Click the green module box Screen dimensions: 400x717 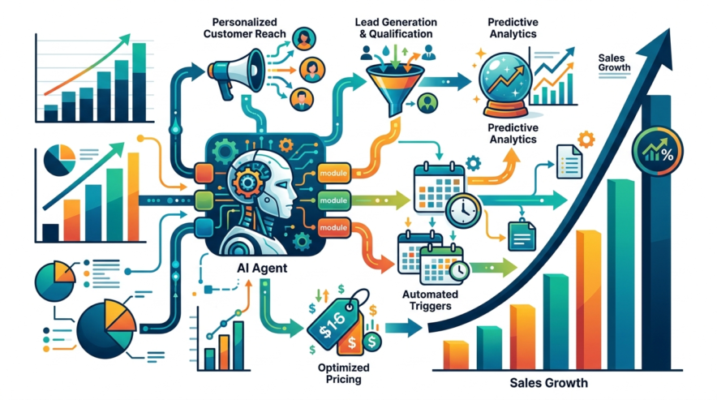(333, 200)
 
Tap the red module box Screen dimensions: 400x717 (333, 227)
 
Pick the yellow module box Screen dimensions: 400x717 (333, 174)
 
